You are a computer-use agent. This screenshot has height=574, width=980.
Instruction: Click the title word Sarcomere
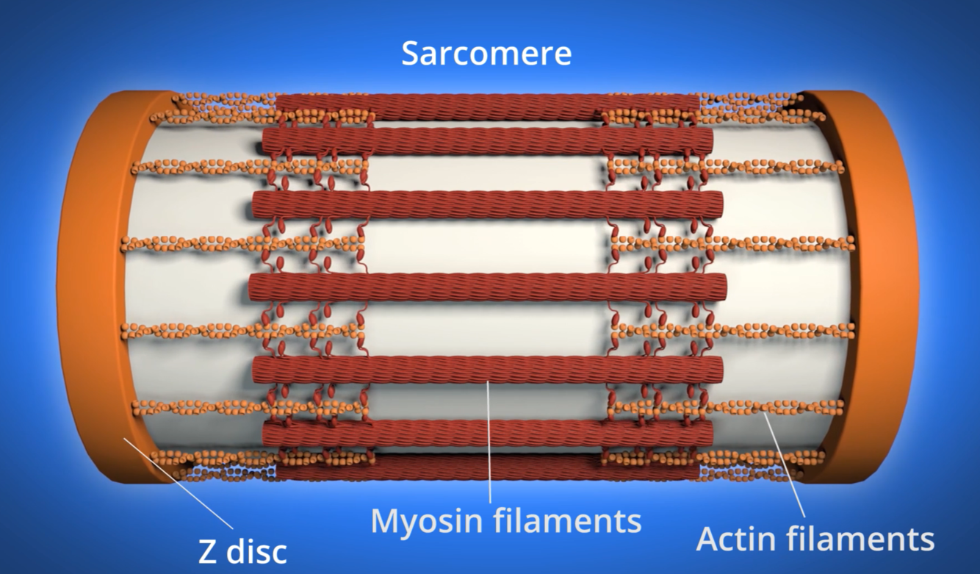[x=486, y=54]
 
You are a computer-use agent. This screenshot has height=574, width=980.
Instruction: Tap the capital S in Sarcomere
[x=411, y=54]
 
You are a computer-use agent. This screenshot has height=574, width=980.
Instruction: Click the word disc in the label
[x=257, y=551]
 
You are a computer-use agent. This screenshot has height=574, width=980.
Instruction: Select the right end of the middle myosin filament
[x=721, y=285]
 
